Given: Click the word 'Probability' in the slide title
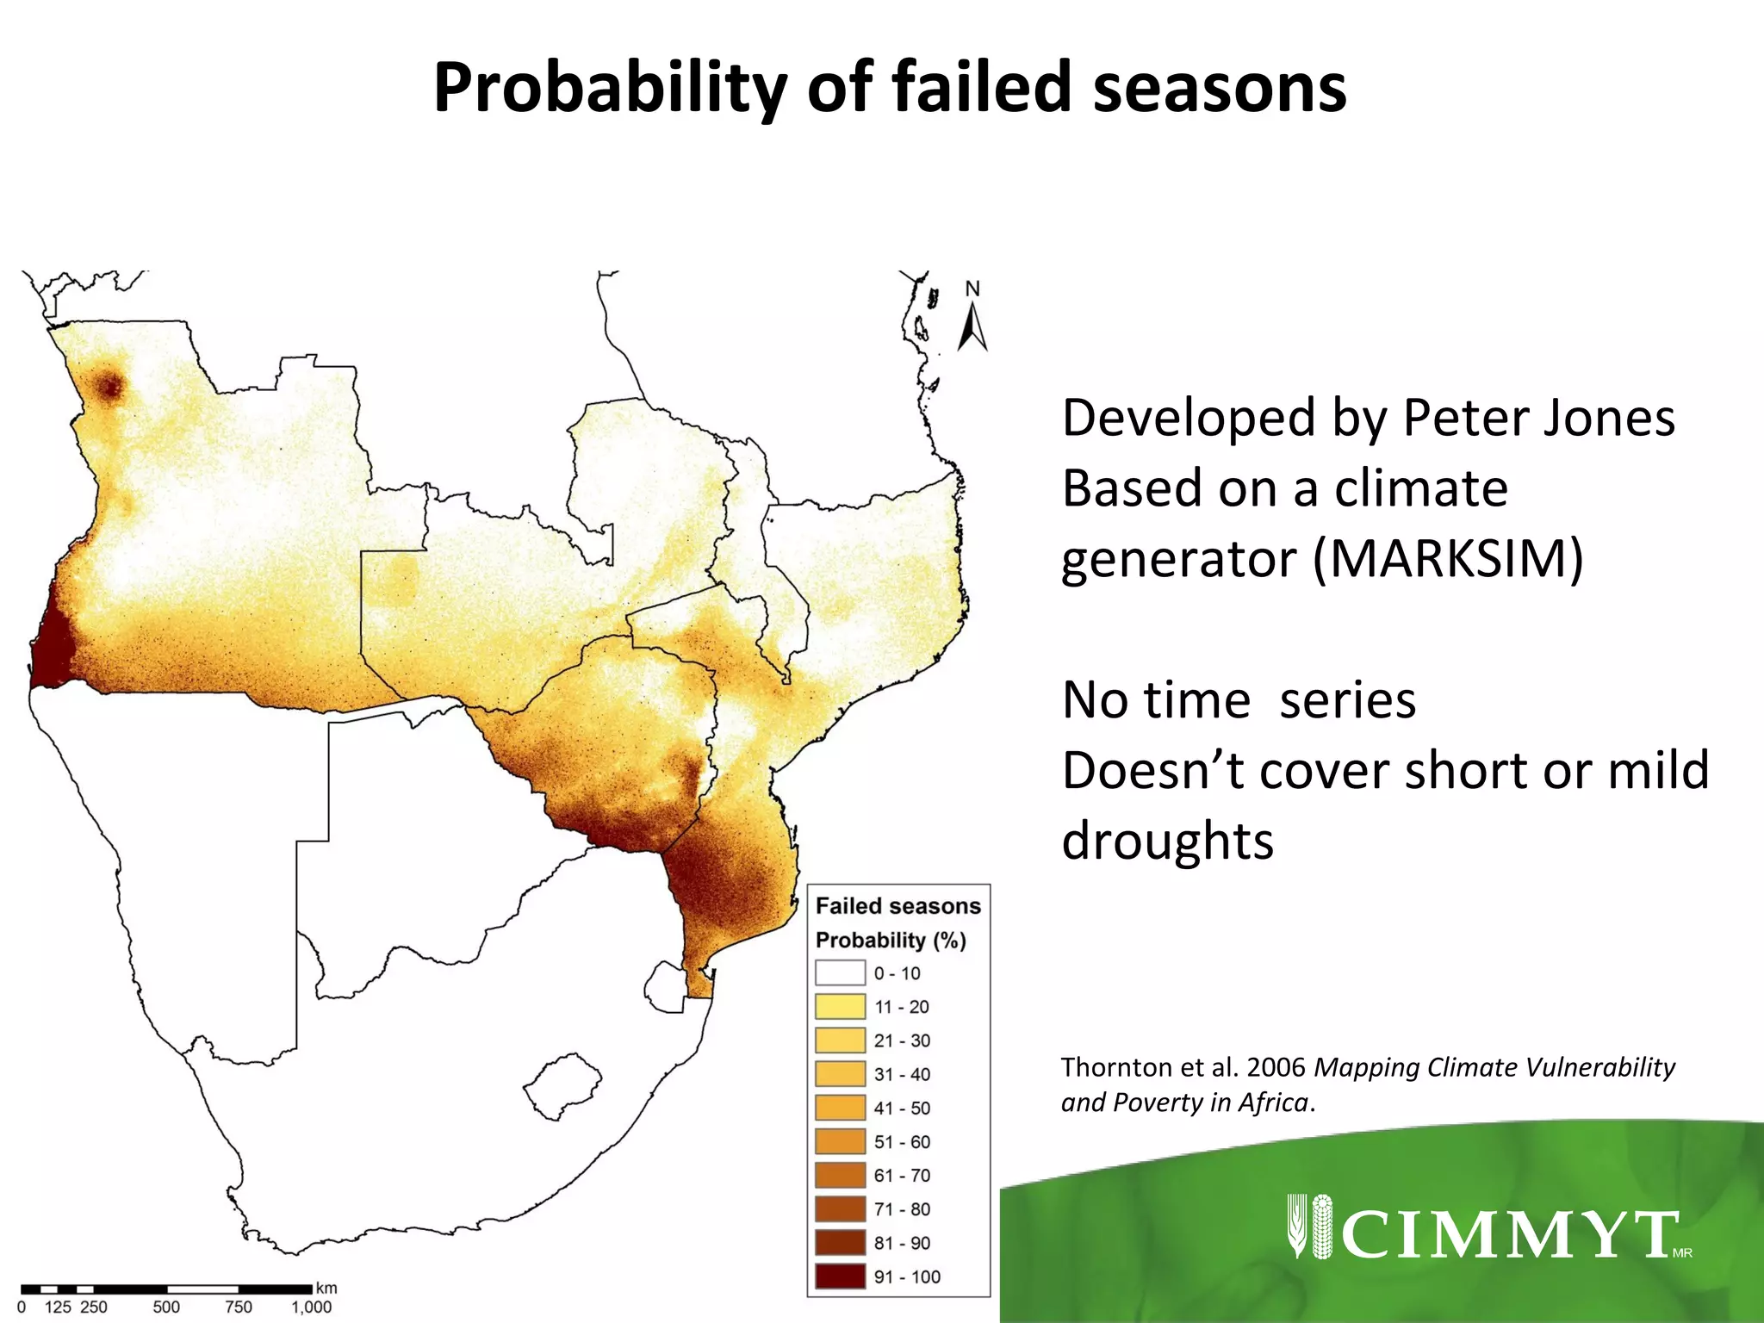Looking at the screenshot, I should [x=610, y=89].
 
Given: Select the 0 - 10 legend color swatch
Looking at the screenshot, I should [x=840, y=973].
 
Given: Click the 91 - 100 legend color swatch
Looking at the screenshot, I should [x=840, y=1276].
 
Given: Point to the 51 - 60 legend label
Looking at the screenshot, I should [x=902, y=1142].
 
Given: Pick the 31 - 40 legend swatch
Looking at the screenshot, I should [x=840, y=1074].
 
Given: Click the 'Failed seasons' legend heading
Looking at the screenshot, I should [x=898, y=906].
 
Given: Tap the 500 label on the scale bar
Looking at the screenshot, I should [x=166, y=1307].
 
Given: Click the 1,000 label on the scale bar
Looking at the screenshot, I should [x=311, y=1307].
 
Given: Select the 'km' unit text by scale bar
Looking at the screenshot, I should [x=326, y=1289].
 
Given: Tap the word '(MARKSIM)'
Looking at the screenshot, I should [x=1447, y=559].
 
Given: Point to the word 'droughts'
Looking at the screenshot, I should [x=1167, y=841].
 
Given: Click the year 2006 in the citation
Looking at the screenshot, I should [x=1276, y=1067].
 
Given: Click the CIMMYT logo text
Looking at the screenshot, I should [x=1509, y=1234].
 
